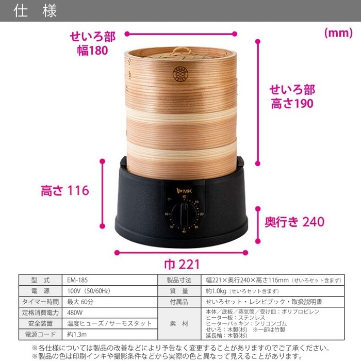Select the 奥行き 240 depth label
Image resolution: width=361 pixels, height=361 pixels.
(x=295, y=222)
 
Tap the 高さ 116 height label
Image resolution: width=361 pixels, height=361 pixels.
(x=65, y=191)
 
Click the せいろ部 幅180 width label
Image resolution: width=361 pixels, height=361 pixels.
(x=92, y=43)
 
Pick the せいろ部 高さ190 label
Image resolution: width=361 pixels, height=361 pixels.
(x=292, y=96)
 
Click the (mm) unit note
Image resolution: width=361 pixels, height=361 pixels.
(x=338, y=33)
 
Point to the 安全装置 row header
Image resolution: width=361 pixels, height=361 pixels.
(x=40, y=323)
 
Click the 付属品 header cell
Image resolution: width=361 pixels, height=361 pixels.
(x=180, y=302)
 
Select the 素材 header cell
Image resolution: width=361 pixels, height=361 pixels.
(x=180, y=323)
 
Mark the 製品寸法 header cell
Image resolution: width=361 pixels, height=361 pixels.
(x=180, y=280)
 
